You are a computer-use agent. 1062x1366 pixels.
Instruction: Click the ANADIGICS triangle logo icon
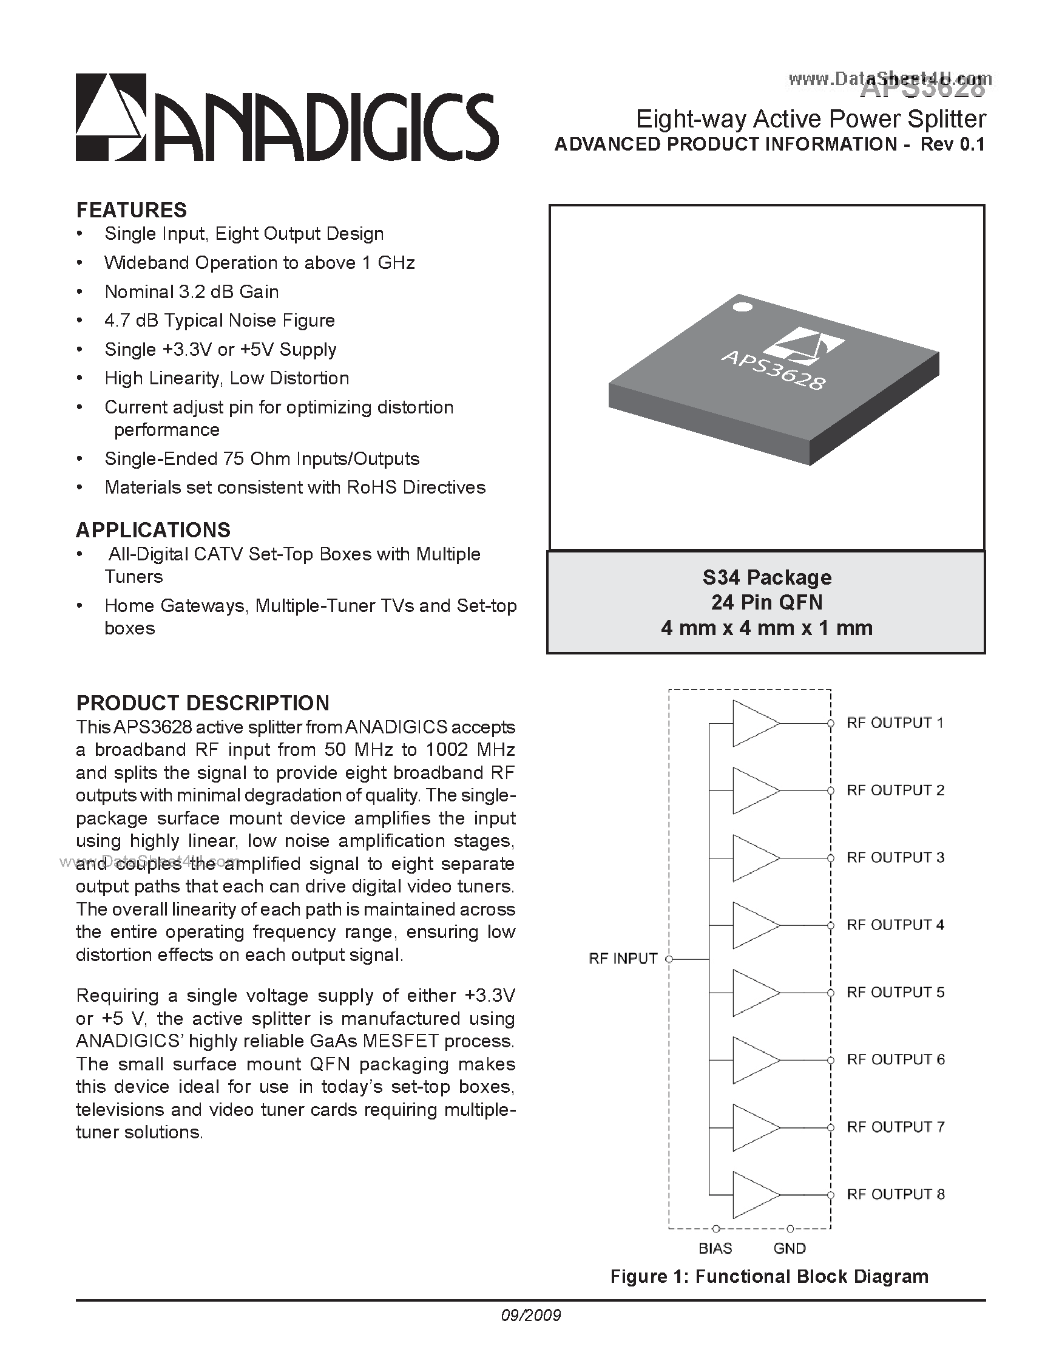111,117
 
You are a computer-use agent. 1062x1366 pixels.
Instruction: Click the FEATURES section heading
131,210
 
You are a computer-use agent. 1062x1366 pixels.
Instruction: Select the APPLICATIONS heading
153,530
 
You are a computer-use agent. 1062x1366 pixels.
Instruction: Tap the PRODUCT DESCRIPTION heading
203,703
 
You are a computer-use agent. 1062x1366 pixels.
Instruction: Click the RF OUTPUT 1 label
895,723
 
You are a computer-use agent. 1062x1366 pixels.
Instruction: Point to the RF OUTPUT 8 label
895,1194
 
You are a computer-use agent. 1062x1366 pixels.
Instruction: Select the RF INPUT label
623,959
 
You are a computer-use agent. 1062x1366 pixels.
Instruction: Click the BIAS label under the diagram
715,1248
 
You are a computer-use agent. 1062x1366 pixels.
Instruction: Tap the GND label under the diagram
790,1248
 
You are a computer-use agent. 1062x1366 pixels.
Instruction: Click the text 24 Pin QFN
766,602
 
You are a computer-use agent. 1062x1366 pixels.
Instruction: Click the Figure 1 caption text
769,1277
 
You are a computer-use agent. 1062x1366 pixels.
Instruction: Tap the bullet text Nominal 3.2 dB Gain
192,292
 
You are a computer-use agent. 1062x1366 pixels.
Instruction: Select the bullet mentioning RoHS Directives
295,488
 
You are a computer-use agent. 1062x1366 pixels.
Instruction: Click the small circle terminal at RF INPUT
669,959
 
